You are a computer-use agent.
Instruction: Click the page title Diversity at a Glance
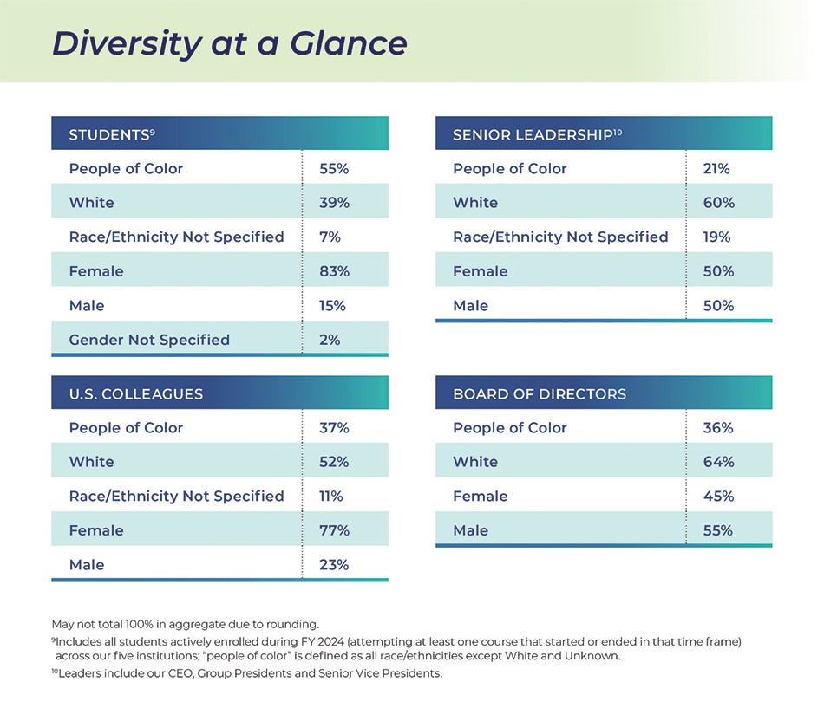point(229,43)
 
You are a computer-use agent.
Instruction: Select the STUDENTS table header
point(111,134)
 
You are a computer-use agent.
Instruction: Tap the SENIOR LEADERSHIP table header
point(537,134)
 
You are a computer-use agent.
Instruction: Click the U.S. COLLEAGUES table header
point(136,393)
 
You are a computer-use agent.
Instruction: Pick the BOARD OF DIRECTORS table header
point(540,393)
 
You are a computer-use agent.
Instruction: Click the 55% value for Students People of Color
point(334,168)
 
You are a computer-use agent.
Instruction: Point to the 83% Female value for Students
point(334,271)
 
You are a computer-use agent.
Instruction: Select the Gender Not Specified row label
point(149,340)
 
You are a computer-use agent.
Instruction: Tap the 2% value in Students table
point(330,340)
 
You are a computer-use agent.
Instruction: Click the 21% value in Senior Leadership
point(716,168)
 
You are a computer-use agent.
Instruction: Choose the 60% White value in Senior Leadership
point(718,203)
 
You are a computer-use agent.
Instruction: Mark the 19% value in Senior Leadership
point(717,237)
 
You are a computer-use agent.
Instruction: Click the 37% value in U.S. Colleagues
point(334,427)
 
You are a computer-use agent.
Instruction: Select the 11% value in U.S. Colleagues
point(331,496)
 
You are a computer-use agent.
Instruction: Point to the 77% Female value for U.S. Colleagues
point(334,530)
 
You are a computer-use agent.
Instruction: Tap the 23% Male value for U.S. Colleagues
point(334,565)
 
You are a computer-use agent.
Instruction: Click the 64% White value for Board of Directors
point(718,462)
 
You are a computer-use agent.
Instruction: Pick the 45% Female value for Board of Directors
point(718,496)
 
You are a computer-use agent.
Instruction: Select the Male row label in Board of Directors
point(471,530)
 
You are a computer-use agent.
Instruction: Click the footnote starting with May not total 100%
point(186,623)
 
